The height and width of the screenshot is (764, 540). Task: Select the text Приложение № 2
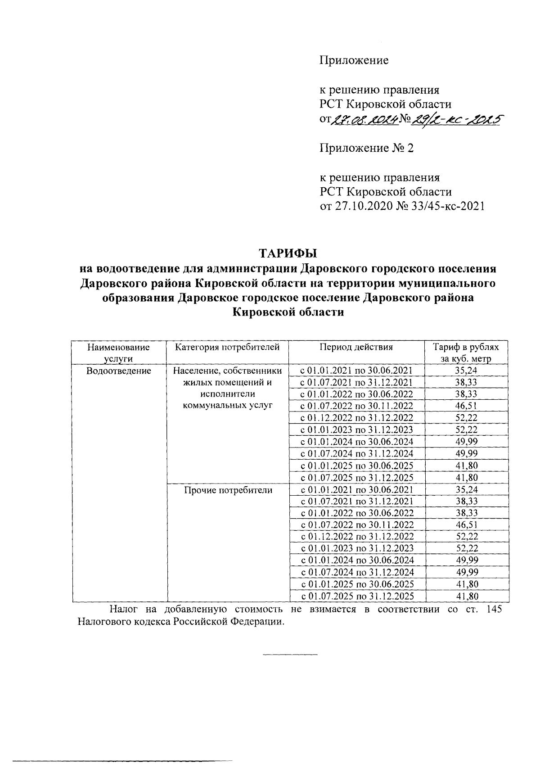[366, 148]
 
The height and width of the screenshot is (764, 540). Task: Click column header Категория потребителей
[227, 347]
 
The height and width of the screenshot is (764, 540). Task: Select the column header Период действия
[356, 347]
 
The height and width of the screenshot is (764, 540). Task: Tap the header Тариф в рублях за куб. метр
[466, 353]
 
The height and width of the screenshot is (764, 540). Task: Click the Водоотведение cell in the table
[119, 371]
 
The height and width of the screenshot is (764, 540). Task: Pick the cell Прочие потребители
[228, 490]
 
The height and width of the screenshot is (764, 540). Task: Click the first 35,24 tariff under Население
[467, 371]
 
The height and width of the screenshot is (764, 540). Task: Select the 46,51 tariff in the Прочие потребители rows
[467, 525]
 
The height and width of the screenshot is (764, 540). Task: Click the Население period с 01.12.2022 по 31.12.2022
[356, 418]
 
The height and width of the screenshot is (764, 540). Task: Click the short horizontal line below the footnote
[290, 654]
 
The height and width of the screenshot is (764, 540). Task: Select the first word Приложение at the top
[354, 60]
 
